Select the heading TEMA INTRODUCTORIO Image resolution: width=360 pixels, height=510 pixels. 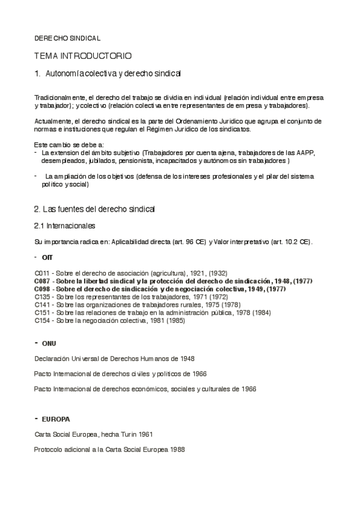click(83, 56)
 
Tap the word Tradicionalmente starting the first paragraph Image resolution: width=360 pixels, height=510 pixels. click(60, 97)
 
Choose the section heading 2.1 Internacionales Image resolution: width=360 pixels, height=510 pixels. click(64, 226)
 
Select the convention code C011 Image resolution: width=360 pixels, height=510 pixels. click(43, 273)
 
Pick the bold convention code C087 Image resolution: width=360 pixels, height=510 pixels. click(43, 281)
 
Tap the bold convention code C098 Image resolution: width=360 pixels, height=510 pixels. click(43, 289)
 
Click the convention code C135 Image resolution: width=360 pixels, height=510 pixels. click(43, 297)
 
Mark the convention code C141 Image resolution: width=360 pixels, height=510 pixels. click(43, 305)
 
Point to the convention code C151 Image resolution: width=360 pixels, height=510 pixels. click(43, 313)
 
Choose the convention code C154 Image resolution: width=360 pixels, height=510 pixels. click(43, 321)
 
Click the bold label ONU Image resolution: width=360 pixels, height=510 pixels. click(49, 343)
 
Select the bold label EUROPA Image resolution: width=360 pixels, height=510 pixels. click(55, 418)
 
